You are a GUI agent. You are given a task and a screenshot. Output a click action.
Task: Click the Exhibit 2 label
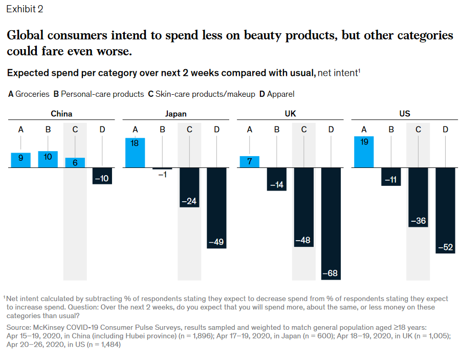[25, 9]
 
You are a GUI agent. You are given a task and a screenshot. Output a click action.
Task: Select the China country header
[61, 114]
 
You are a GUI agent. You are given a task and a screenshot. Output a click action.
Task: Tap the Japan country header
[175, 114]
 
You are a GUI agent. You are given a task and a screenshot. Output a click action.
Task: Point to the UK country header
[290, 114]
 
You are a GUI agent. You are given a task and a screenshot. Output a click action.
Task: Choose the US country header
[404, 114]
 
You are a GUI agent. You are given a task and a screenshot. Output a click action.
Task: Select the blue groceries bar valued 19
[364, 152]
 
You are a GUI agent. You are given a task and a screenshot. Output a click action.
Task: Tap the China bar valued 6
[75, 162]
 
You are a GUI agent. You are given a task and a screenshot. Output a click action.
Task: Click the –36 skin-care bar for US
[418, 197]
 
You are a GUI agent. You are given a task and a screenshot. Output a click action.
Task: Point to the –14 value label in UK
[277, 185]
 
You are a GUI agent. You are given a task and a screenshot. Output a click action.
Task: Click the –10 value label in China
[102, 179]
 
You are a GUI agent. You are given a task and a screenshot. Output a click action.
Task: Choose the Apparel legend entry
[277, 94]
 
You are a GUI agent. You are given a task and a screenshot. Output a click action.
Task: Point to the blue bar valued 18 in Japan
[135, 153]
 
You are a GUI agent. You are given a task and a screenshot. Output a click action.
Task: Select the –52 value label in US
[445, 247]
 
